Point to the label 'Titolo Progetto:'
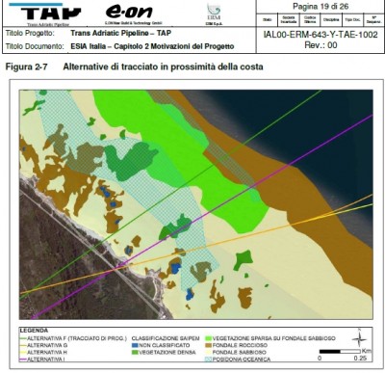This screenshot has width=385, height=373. click(x=26, y=32)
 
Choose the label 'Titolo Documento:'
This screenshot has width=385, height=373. click(x=31, y=44)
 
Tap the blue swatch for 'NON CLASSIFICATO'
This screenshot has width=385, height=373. click(x=134, y=346)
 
